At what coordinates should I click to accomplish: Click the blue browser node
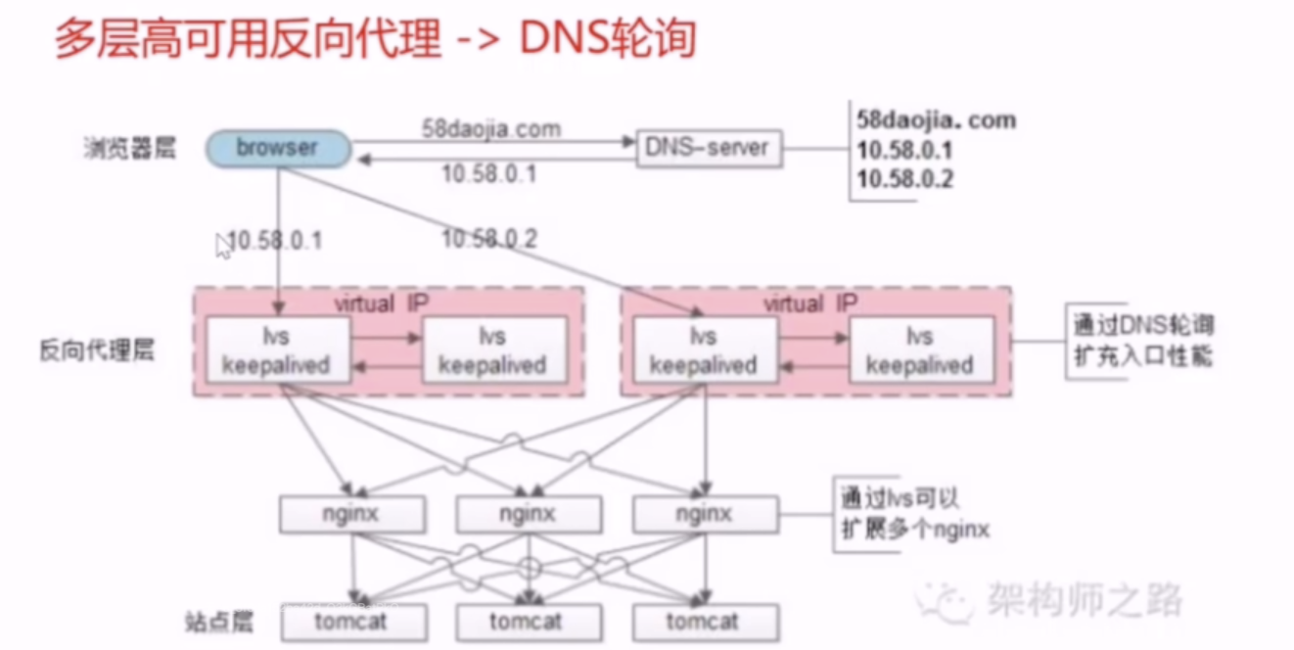277,148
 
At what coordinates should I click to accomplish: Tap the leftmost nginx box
352,513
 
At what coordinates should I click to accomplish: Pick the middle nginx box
529,513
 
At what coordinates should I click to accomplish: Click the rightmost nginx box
705,513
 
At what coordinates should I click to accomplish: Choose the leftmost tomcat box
353,622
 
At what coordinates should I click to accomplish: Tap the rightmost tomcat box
706,622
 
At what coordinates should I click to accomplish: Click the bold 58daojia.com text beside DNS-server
935,120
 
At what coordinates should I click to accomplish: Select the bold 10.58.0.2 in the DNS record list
904,179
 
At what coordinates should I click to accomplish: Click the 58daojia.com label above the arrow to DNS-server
491,127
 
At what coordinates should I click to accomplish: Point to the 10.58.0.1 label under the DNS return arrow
488,174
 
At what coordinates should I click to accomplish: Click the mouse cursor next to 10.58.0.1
222,245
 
